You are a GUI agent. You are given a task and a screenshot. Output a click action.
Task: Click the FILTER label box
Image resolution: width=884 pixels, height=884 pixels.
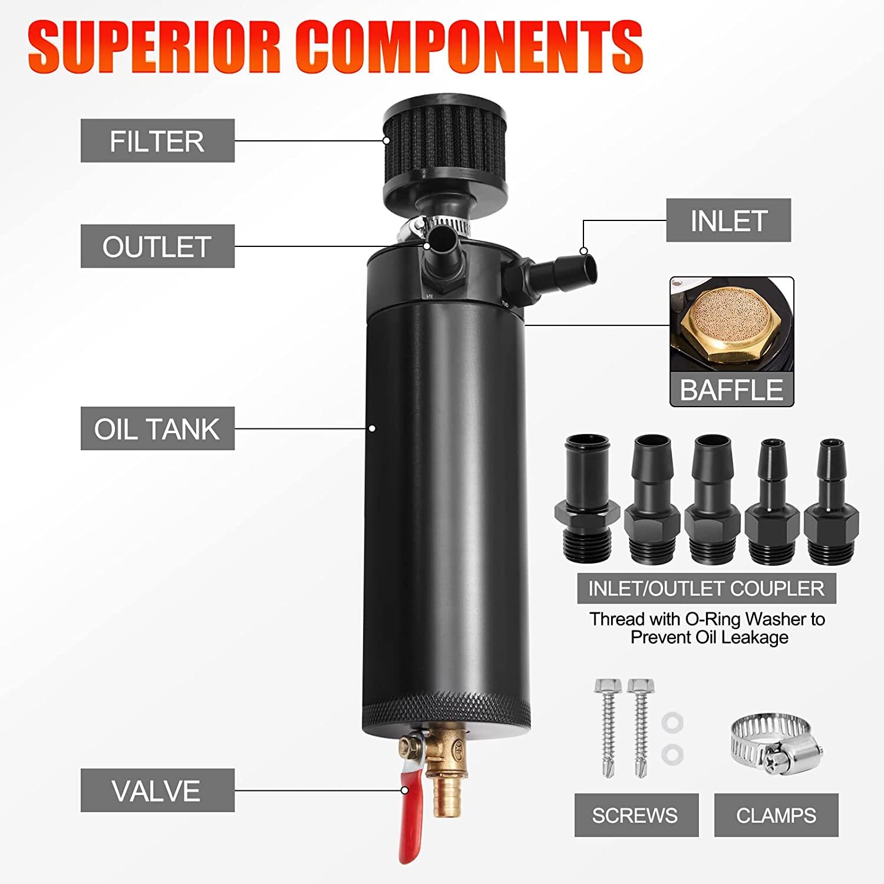[x=157, y=141]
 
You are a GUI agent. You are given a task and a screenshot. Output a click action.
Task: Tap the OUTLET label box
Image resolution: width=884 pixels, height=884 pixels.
[x=157, y=246]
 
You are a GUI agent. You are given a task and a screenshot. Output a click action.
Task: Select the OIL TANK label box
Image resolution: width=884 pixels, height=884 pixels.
[x=157, y=428]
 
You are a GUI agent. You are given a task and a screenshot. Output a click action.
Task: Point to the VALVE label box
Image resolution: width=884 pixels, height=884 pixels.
[x=157, y=790]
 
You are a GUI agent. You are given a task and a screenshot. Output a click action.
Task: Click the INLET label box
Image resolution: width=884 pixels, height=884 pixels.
[x=728, y=220]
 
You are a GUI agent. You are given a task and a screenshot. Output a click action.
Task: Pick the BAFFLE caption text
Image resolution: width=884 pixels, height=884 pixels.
[x=731, y=390]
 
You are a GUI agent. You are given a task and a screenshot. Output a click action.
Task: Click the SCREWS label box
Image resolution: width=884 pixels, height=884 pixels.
[x=636, y=815]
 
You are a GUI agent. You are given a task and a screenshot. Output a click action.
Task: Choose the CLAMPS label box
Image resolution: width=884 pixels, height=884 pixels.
[x=776, y=815]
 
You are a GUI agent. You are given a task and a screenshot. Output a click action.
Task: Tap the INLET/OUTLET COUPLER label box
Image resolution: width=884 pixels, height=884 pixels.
[x=706, y=588]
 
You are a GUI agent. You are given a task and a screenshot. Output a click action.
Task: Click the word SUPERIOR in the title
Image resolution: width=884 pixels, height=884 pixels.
[x=153, y=47]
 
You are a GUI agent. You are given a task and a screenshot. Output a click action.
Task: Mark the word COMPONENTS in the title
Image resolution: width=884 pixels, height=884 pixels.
[x=469, y=47]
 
